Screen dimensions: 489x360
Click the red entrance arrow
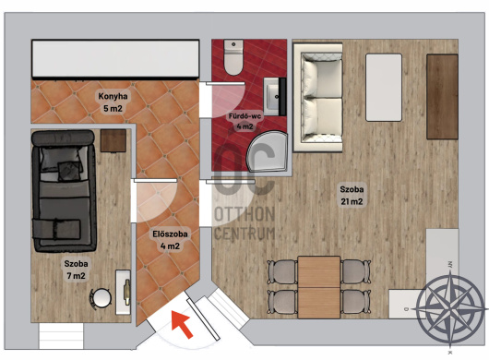pos(182,324)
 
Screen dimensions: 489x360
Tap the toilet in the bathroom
pos(233,57)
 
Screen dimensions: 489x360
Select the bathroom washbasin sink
pos(275,97)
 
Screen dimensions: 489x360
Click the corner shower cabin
pos(268,151)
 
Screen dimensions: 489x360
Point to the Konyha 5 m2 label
pos(113,102)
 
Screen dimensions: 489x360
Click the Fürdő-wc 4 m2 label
pos(244,121)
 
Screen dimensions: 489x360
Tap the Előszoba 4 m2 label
pos(170,240)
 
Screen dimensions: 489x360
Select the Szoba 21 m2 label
pos(352,196)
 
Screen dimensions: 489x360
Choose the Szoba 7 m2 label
pos(76,270)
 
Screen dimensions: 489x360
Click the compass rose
pos(450,308)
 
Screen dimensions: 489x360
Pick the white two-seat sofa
pos(317,97)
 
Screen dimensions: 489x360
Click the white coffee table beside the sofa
pos(384,88)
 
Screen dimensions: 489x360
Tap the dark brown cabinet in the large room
pos(442,96)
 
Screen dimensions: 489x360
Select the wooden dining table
pos(318,287)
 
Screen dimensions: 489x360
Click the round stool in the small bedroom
pos(102,298)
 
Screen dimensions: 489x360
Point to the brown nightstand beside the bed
pos(113,141)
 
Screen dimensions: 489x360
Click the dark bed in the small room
pos(64,191)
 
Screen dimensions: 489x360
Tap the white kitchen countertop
pos(115,59)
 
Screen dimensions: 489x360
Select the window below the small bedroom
pos(61,336)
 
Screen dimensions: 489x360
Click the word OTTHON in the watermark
pos(244,214)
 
